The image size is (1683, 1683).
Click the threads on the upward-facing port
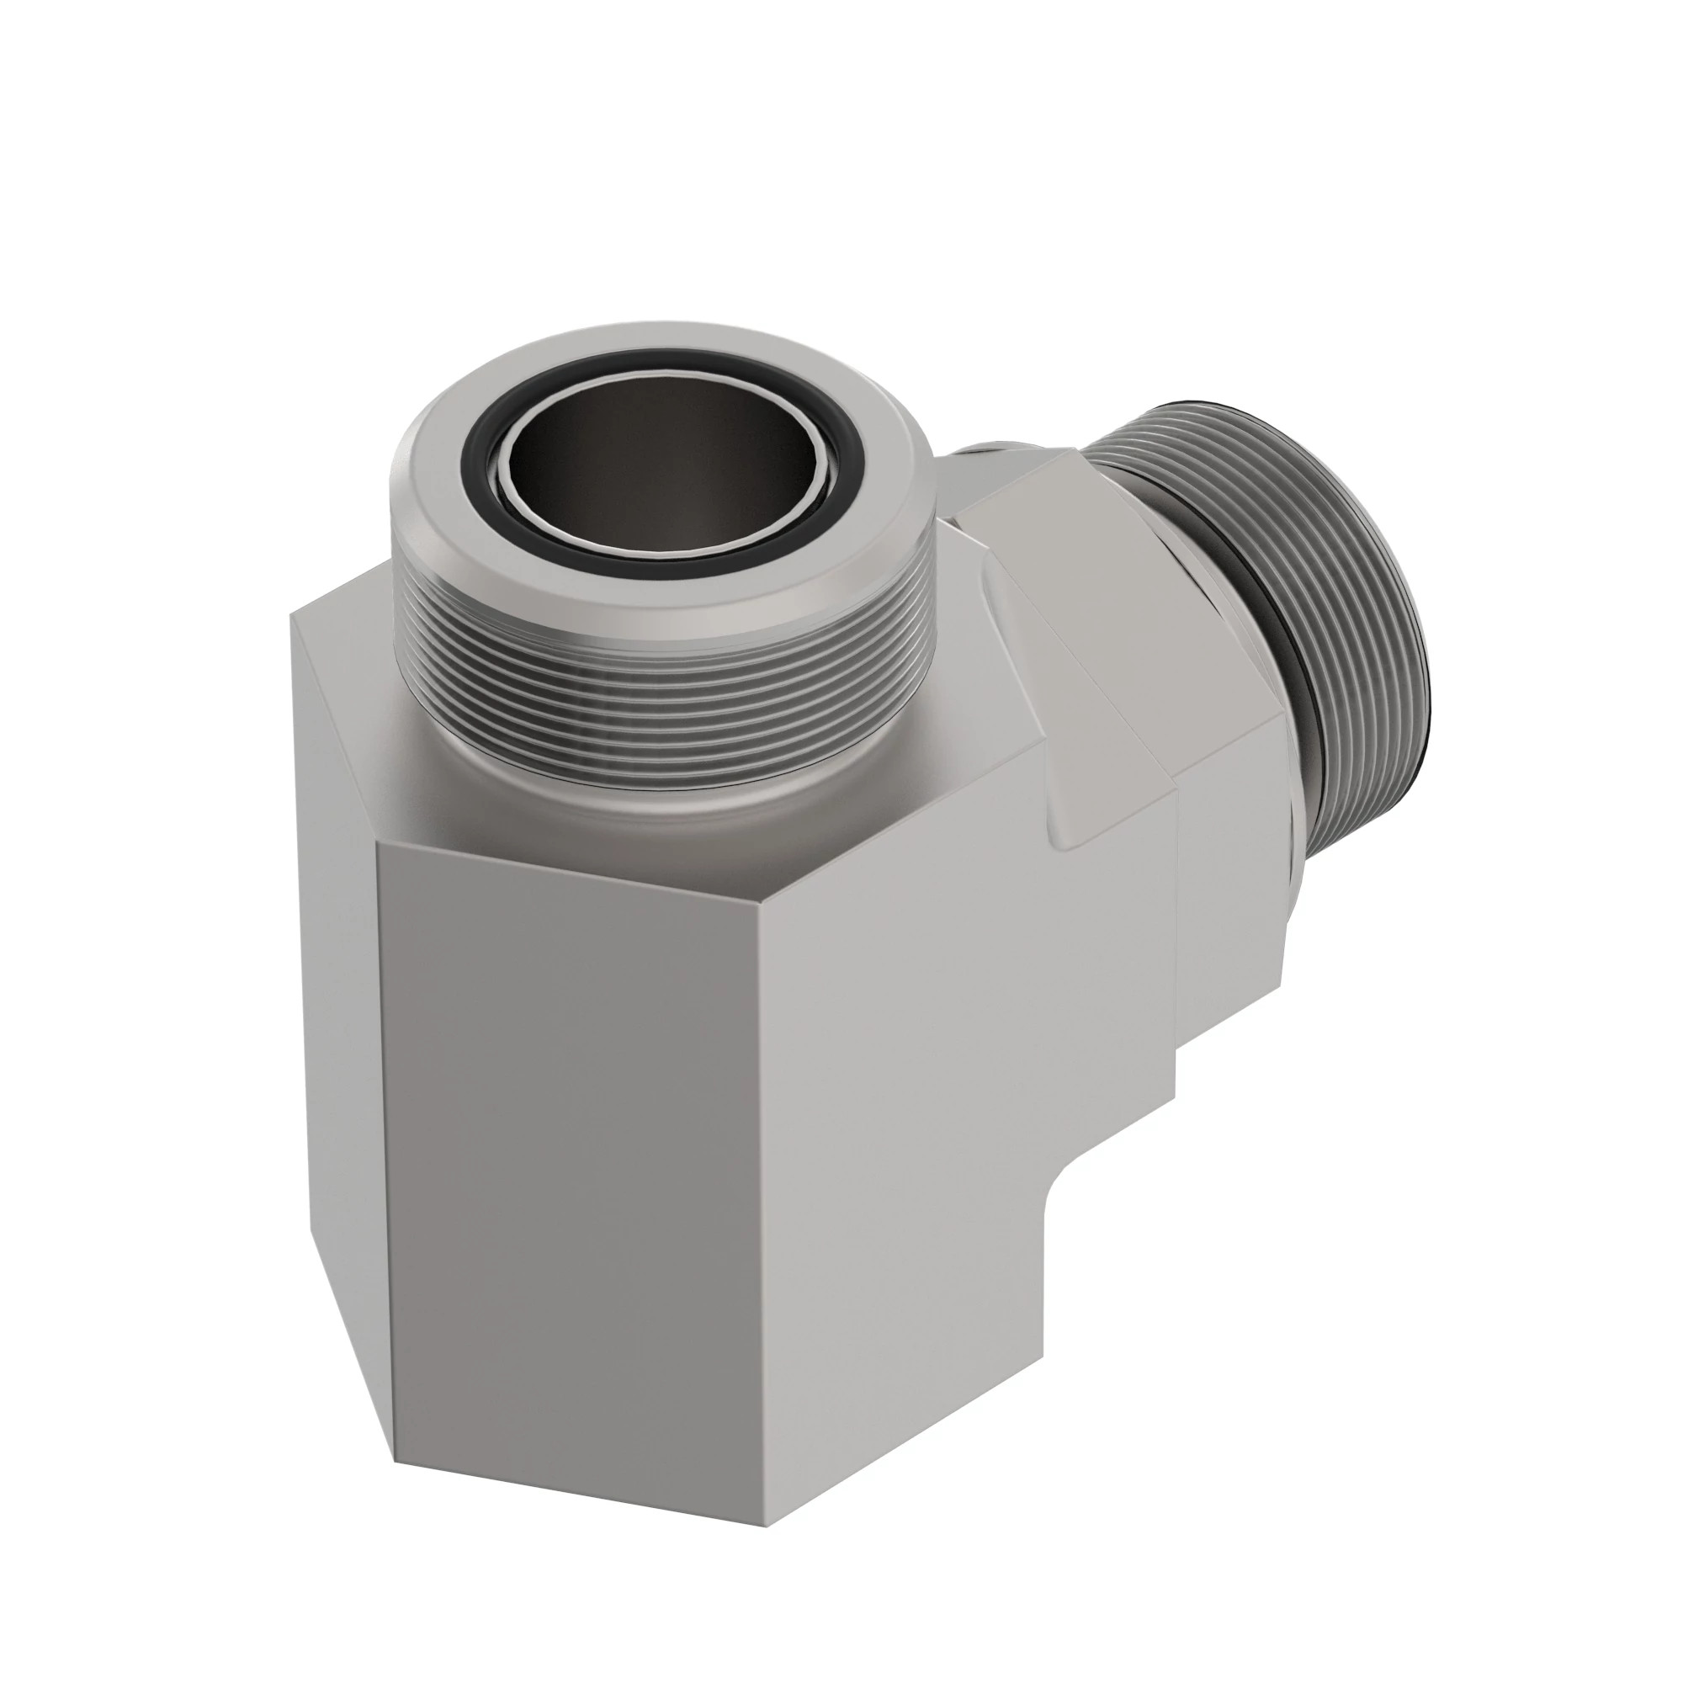point(662,697)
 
